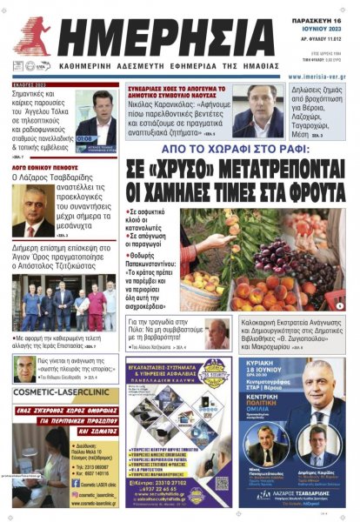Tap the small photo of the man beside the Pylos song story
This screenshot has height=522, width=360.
217,334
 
